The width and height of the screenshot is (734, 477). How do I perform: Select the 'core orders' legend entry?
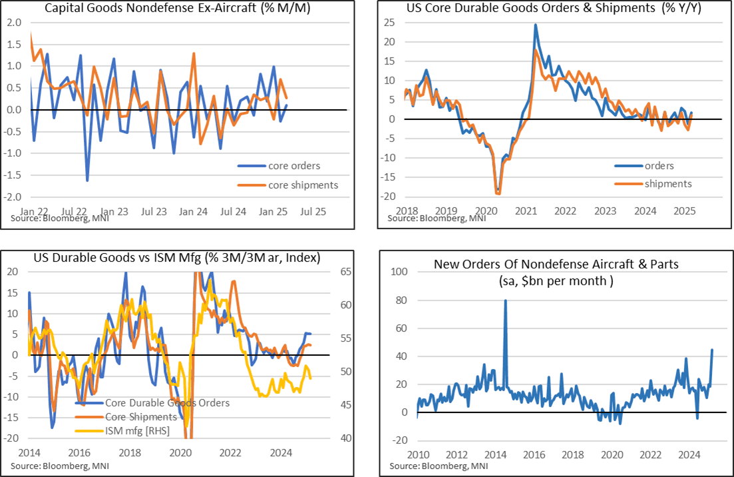tap(292, 166)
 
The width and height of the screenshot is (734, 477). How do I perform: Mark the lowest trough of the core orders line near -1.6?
tap(87, 180)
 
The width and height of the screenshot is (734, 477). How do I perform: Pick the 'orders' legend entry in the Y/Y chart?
tap(659, 166)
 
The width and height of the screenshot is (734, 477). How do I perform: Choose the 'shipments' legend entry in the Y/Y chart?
tap(667, 184)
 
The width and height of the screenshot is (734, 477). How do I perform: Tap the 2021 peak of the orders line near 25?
tap(535, 25)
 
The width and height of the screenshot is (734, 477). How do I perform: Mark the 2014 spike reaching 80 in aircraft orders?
tap(505, 300)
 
